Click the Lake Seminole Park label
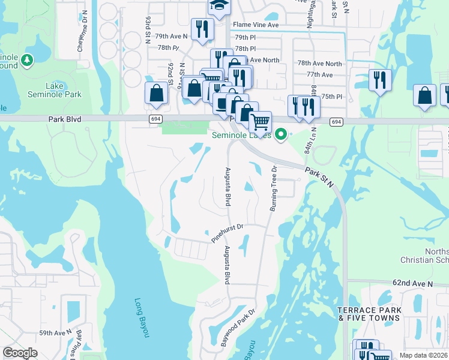click(x=54, y=90)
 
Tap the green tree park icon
click(x=26, y=60)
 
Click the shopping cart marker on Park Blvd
click(x=260, y=122)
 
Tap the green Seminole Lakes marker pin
click(x=280, y=135)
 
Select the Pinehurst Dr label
click(x=227, y=233)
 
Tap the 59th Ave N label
click(x=55, y=332)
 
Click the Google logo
click(x=20, y=353)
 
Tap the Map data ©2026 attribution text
click(x=423, y=355)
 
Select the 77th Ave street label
click(x=319, y=74)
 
